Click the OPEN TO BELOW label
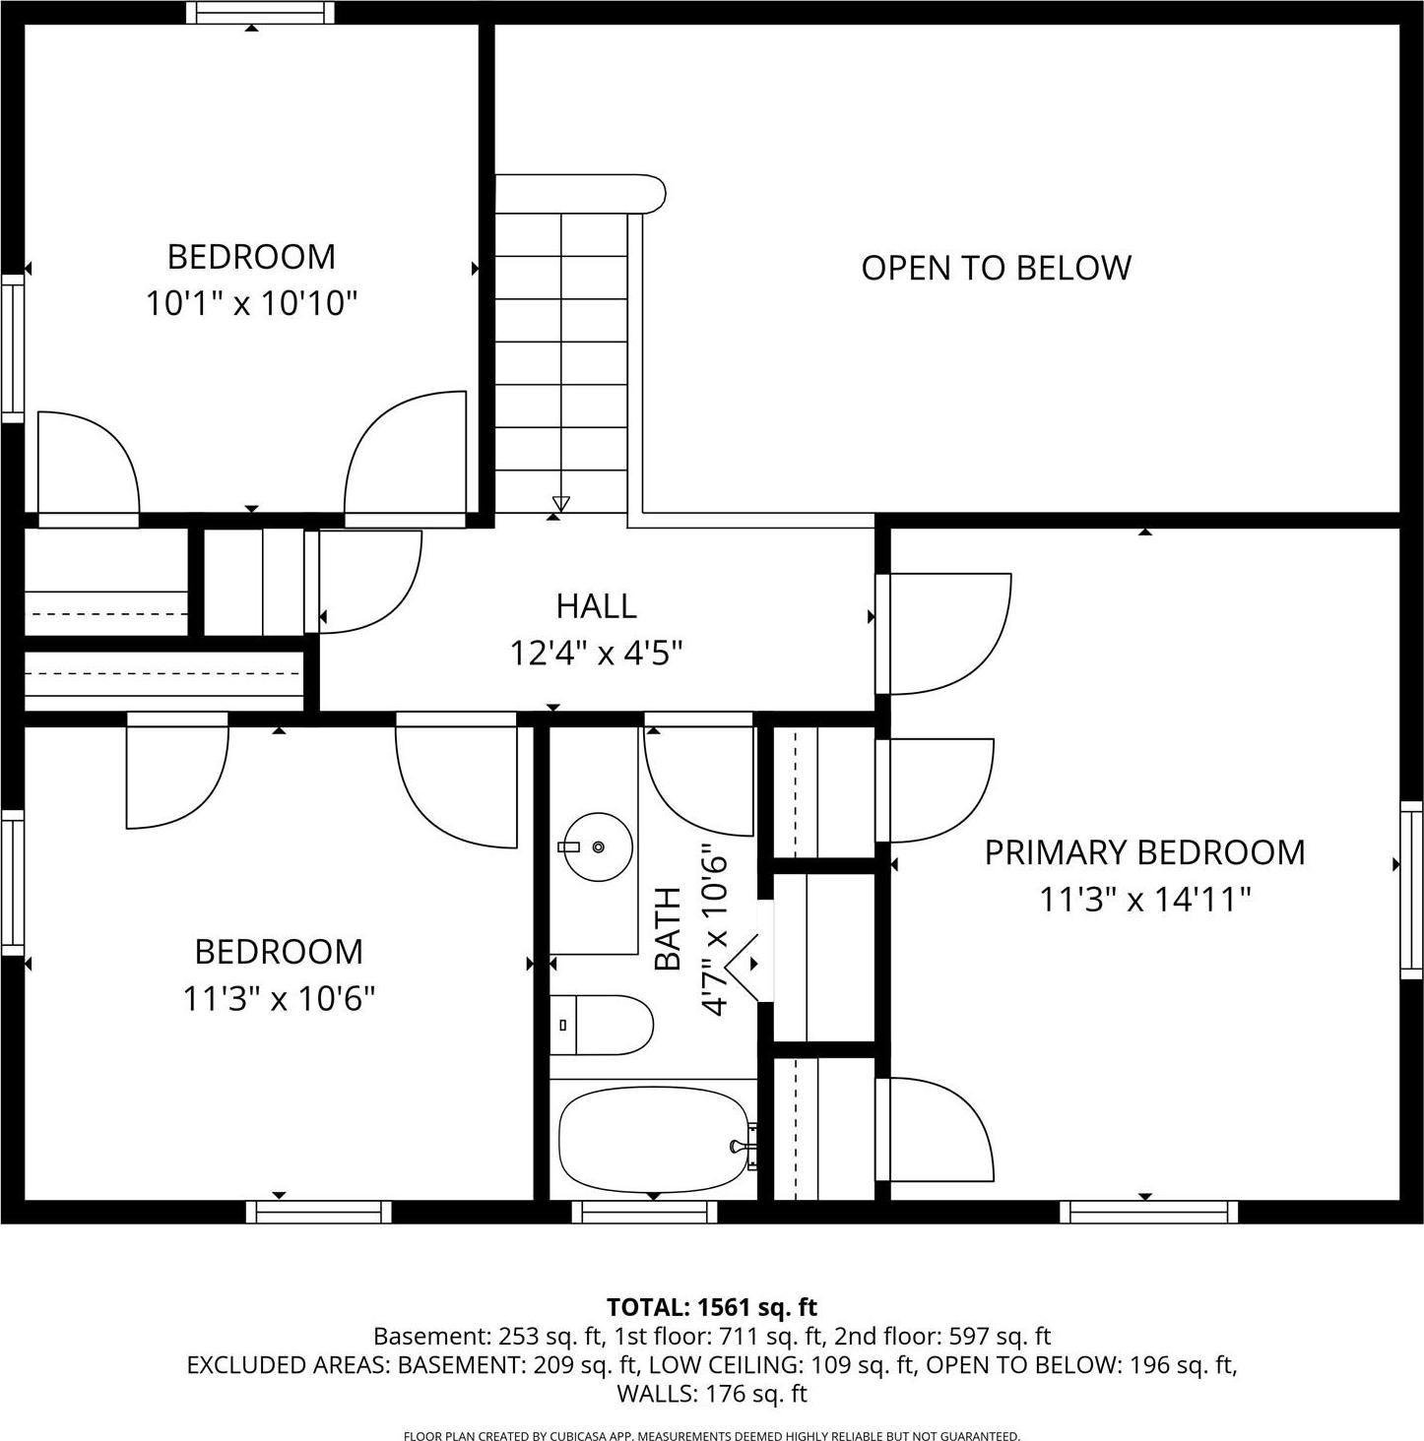[x=996, y=268]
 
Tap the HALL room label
[x=596, y=606]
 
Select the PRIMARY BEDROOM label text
[x=1144, y=852]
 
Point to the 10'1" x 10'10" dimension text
[x=251, y=303]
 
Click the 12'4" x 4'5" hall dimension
[x=596, y=653]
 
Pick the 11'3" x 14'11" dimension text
[x=1144, y=899]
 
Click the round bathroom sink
[x=597, y=846]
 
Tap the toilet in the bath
[x=600, y=1025]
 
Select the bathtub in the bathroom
[x=653, y=1140]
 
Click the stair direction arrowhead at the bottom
[x=561, y=504]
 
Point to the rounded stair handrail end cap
[x=650, y=192]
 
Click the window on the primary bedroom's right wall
[x=1411, y=890]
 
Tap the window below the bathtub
[x=644, y=1212]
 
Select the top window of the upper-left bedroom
[x=260, y=13]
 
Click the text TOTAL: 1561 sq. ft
[x=711, y=1307]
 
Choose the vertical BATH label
[x=668, y=928]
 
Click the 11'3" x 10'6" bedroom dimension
[x=279, y=999]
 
